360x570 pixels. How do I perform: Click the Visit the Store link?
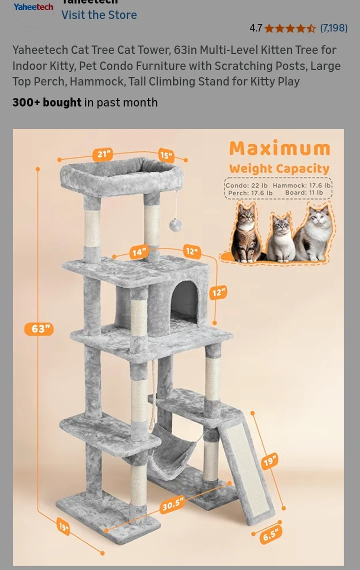(x=99, y=15)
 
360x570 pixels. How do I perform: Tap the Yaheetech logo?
(x=33, y=7)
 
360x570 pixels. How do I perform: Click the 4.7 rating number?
(x=255, y=28)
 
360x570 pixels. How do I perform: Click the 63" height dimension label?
(x=39, y=329)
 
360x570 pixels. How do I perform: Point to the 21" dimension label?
(x=102, y=154)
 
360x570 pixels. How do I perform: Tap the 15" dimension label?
(x=166, y=155)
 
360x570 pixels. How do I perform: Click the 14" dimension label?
(x=139, y=252)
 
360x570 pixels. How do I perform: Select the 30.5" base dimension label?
(x=172, y=504)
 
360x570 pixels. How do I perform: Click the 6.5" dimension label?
(x=271, y=534)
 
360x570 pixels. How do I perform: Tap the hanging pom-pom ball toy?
(x=175, y=225)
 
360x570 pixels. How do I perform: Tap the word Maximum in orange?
(x=279, y=148)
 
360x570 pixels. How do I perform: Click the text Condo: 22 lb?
(x=246, y=185)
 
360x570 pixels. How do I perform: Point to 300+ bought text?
(x=47, y=102)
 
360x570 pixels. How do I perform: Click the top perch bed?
(x=122, y=177)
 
